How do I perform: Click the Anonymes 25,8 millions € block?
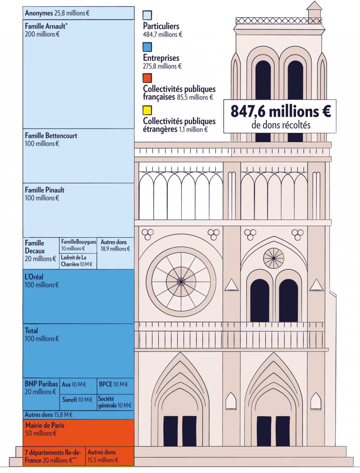click(78, 13)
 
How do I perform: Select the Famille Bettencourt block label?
click(51, 136)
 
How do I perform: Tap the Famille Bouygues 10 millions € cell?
click(78, 246)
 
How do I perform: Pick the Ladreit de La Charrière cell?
click(78, 261)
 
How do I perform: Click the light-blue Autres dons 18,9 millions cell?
click(115, 253)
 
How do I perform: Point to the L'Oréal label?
click(34, 277)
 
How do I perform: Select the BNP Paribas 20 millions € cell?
click(41, 394)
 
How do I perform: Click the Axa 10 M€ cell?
click(78, 386)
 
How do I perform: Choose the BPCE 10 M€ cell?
click(115, 386)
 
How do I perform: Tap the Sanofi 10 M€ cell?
click(78, 402)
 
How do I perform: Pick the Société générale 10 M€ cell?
click(115, 402)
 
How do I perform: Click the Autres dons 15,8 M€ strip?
click(78, 415)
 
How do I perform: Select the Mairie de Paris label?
click(45, 425)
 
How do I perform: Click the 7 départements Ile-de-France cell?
click(54, 456)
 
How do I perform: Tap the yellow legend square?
click(147, 110)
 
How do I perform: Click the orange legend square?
click(147, 78)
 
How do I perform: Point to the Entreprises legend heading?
click(161, 58)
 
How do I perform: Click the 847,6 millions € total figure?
click(281, 111)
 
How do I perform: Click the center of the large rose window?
click(181, 282)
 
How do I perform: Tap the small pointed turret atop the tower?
click(314, 12)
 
